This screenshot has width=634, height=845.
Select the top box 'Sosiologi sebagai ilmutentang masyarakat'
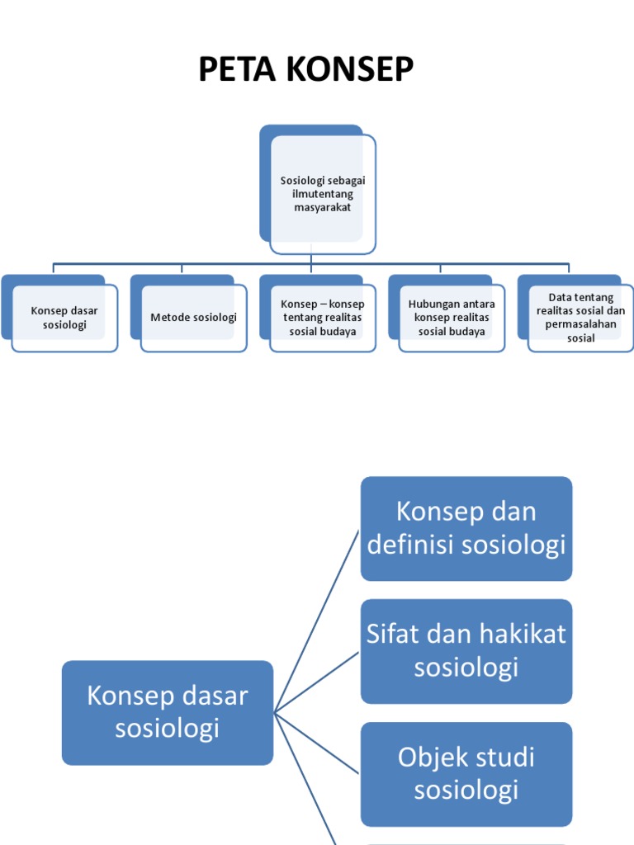(x=322, y=194)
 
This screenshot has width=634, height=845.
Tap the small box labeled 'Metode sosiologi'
(x=193, y=318)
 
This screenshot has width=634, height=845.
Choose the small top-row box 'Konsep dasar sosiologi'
(x=64, y=318)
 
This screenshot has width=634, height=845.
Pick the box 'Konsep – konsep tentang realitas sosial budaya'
(x=322, y=318)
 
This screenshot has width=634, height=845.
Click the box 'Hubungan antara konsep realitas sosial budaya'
(x=451, y=318)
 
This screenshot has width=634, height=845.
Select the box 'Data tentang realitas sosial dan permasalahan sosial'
(x=580, y=318)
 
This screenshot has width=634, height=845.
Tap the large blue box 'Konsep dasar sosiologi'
(x=168, y=712)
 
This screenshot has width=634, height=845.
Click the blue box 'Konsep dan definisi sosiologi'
(x=466, y=528)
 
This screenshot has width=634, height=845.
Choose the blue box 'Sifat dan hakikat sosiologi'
(x=466, y=651)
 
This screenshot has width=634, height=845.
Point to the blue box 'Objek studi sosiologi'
(x=466, y=774)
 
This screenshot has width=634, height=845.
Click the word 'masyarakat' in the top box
(x=322, y=208)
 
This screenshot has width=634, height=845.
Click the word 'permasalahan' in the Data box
(x=581, y=324)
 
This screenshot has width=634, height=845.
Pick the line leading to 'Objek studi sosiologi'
(x=317, y=743)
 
